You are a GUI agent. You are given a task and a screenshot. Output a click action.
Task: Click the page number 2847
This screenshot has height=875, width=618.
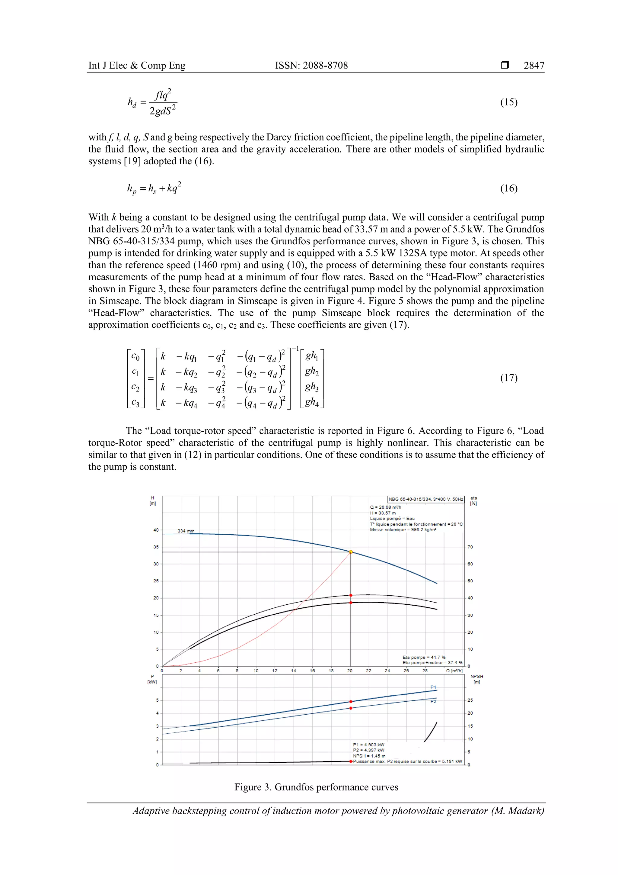coord(534,66)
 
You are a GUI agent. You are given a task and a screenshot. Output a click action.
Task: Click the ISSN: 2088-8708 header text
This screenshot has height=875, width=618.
coord(311,66)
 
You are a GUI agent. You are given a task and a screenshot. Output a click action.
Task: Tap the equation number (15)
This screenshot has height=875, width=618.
coord(508,102)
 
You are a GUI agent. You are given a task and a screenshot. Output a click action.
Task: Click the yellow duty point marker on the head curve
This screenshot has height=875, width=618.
coord(351,552)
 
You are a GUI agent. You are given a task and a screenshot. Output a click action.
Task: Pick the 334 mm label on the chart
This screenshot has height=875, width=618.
coord(186,531)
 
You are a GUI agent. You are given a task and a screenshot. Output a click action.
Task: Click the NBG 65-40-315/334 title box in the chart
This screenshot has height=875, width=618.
coord(426,499)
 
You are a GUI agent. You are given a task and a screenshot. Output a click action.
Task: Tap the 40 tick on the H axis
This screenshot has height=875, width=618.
coord(156,530)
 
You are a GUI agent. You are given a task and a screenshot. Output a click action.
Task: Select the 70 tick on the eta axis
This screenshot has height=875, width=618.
coord(470,547)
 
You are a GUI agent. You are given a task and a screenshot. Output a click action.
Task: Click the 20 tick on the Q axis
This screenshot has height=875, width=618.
coord(350,671)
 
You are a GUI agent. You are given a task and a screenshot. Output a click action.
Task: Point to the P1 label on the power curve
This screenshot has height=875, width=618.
coord(433,687)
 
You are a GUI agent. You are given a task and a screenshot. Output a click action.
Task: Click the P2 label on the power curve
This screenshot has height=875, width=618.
coord(433,702)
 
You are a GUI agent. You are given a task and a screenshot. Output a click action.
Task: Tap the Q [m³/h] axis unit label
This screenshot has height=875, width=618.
coord(454,671)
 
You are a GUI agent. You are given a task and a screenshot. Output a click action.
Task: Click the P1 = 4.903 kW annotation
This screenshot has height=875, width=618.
coord(368,745)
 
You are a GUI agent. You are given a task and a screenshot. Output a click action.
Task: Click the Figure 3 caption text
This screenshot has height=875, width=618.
coord(316,787)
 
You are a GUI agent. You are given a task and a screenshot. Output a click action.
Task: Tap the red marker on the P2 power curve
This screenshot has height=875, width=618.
coord(351,708)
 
